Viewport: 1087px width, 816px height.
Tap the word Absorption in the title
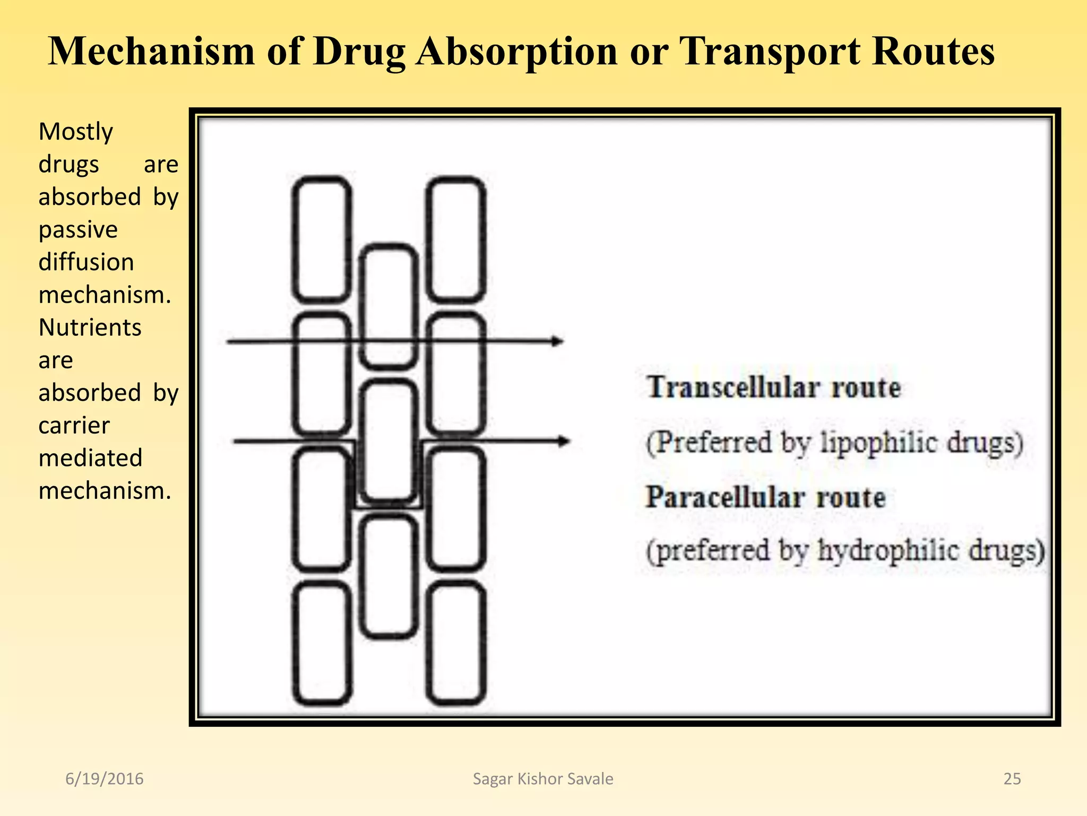click(516, 52)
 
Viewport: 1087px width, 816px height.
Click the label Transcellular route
click(773, 387)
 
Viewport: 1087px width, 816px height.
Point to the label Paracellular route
click(765, 498)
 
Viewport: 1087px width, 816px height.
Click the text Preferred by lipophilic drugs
click(834, 443)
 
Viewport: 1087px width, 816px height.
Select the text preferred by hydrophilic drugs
click(845, 551)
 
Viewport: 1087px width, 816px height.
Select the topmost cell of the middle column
click(389, 307)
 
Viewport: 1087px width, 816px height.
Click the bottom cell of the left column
click(322, 643)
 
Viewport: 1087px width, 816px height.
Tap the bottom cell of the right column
click(456, 643)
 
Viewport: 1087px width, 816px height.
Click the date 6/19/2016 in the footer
click(104, 779)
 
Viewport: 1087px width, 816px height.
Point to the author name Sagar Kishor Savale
click(542, 779)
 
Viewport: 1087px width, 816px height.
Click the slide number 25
click(1012, 779)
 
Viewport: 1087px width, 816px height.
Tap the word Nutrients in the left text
click(90, 327)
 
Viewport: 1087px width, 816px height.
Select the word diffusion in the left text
click(86, 262)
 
